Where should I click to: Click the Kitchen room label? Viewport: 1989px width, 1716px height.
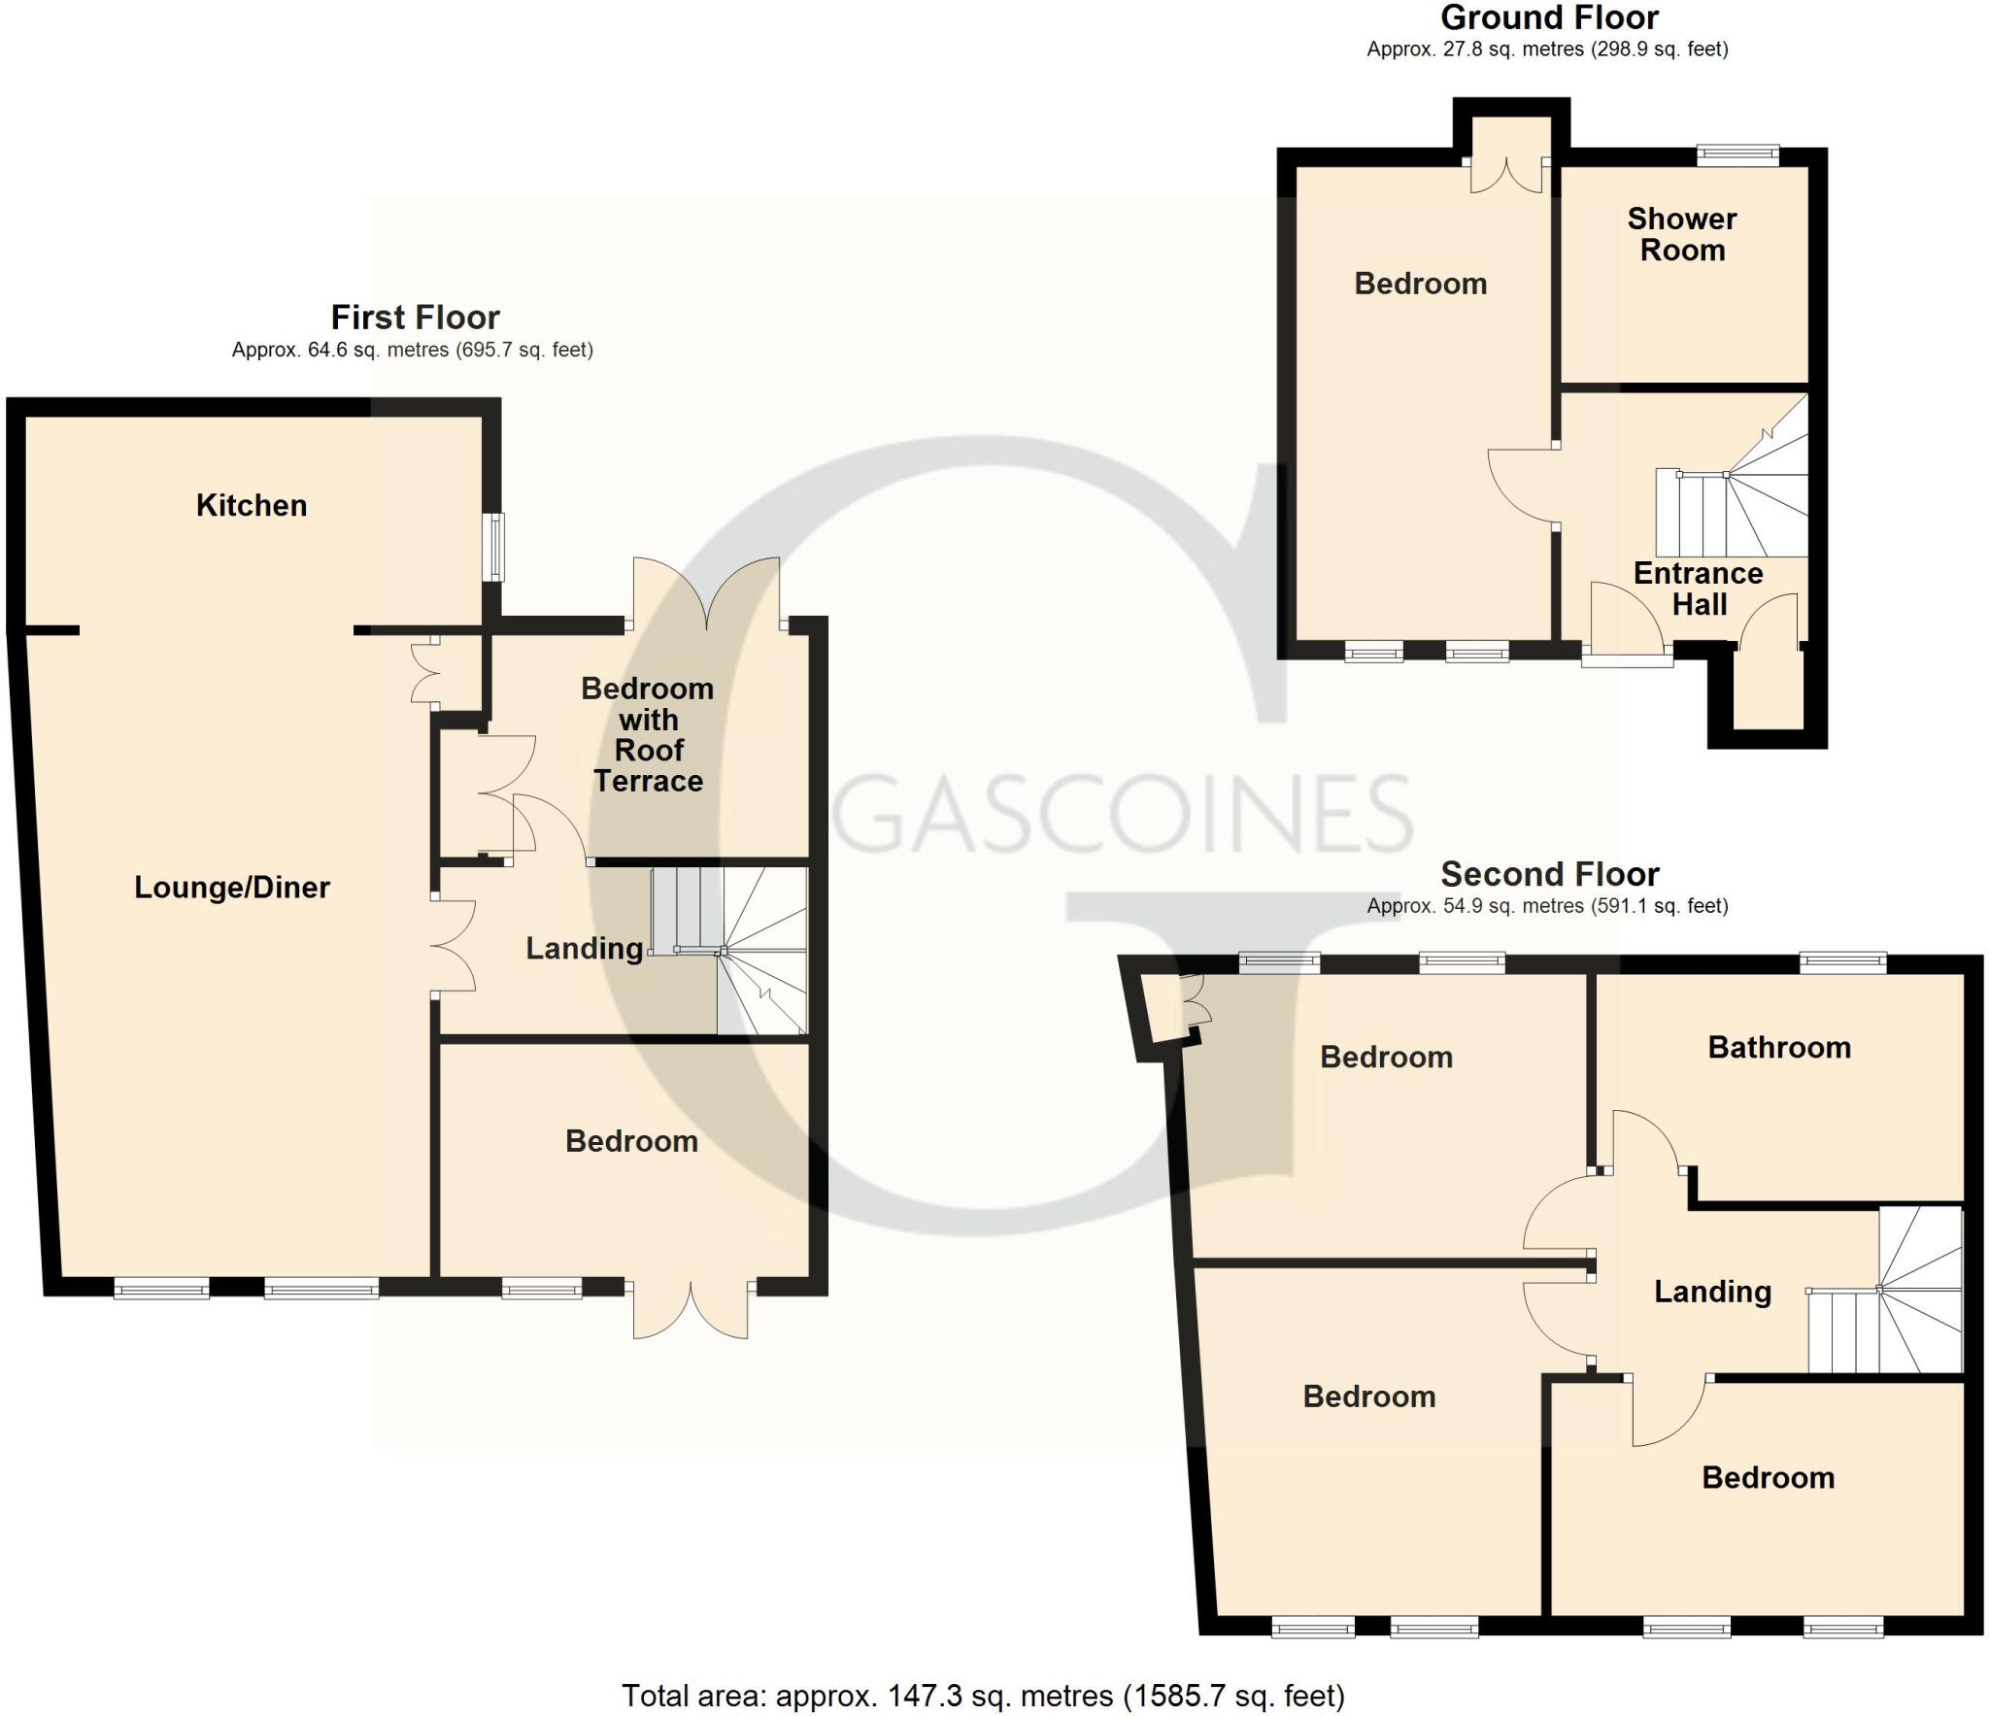(252, 505)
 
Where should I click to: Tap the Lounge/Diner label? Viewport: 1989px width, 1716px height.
(232, 887)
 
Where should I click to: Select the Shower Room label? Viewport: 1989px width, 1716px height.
(1682, 234)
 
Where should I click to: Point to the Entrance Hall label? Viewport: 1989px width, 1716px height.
(1699, 589)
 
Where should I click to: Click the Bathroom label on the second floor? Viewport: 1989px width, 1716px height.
(1779, 1047)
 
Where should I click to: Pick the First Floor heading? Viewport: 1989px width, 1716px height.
(415, 318)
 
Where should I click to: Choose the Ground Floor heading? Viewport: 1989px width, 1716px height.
(1549, 18)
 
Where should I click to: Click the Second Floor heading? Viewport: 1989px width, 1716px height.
(1549, 874)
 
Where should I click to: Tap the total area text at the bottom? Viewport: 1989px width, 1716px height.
(983, 1696)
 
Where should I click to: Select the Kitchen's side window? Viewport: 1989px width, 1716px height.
(496, 546)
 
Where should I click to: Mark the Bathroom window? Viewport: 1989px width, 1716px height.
(1842, 962)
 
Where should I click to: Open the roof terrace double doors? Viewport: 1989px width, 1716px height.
(707, 594)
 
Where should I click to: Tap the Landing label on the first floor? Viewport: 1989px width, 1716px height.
(585, 949)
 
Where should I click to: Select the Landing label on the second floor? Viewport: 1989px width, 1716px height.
(1712, 1292)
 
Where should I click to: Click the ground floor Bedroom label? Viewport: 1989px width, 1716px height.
(1420, 284)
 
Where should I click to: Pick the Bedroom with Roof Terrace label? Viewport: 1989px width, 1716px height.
(648, 734)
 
